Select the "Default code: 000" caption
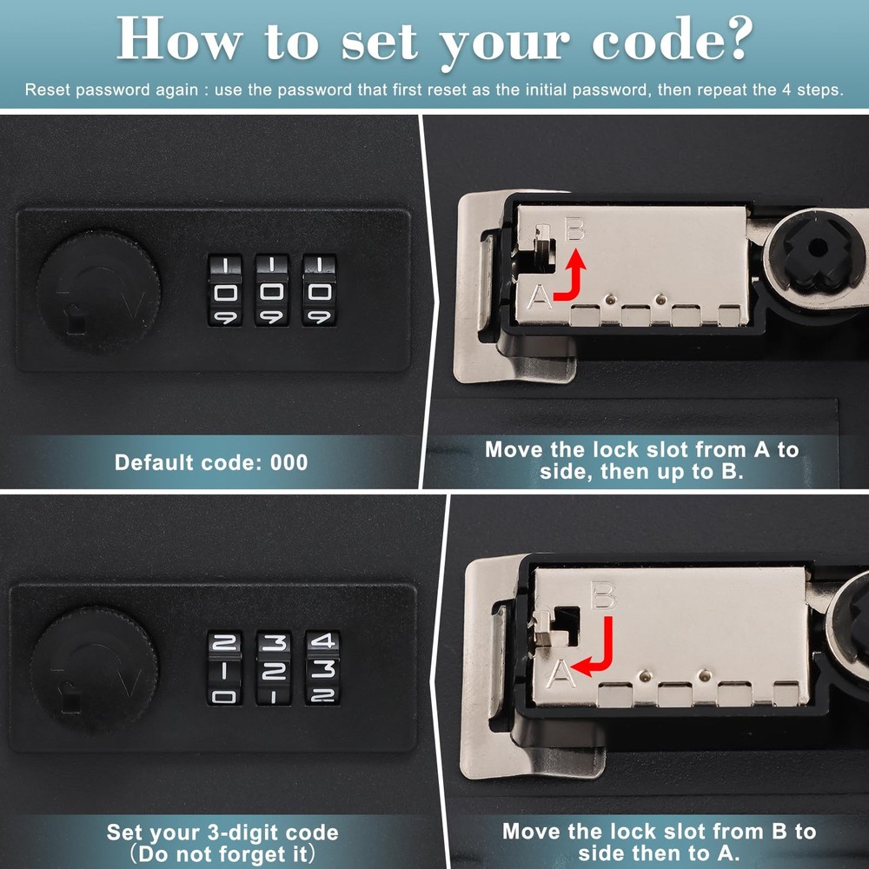coord(211,461)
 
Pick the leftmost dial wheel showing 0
coord(224,290)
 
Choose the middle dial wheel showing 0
coord(271,290)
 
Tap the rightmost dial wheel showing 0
coord(318,290)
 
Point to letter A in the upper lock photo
coord(539,298)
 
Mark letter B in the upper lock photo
coord(574,231)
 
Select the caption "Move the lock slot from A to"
coord(641,450)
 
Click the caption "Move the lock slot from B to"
coord(659,832)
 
